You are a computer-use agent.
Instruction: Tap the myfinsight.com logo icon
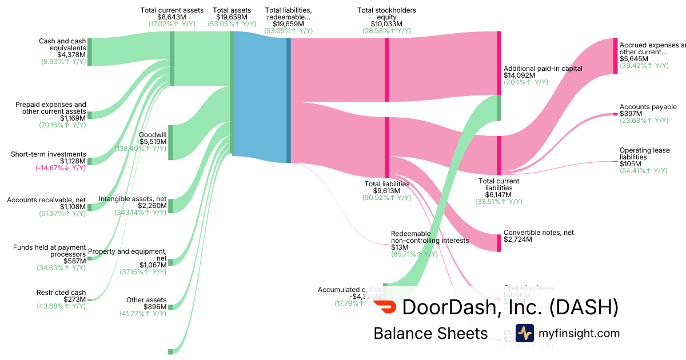tap(524, 333)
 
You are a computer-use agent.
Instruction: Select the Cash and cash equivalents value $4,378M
tap(71, 55)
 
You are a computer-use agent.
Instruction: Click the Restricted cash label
tap(61, 292)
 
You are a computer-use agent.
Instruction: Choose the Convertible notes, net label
tap(539, 233)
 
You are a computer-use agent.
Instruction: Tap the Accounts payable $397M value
tap(631, 114)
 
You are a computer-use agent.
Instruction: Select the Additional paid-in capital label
tap(543, 69)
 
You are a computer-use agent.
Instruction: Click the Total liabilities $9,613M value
tap(387, 191)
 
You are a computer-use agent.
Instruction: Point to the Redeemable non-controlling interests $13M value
tap(400, 247)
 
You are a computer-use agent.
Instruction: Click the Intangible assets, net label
tap(133, 199)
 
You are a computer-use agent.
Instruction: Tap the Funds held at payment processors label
tap(50, 251)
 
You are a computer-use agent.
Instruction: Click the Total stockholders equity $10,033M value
tap(386, 24)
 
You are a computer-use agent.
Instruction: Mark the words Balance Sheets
tap(430, 334)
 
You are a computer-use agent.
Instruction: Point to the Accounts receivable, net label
tap(46, 200)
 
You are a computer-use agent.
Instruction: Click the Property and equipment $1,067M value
tap(153, 265)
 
